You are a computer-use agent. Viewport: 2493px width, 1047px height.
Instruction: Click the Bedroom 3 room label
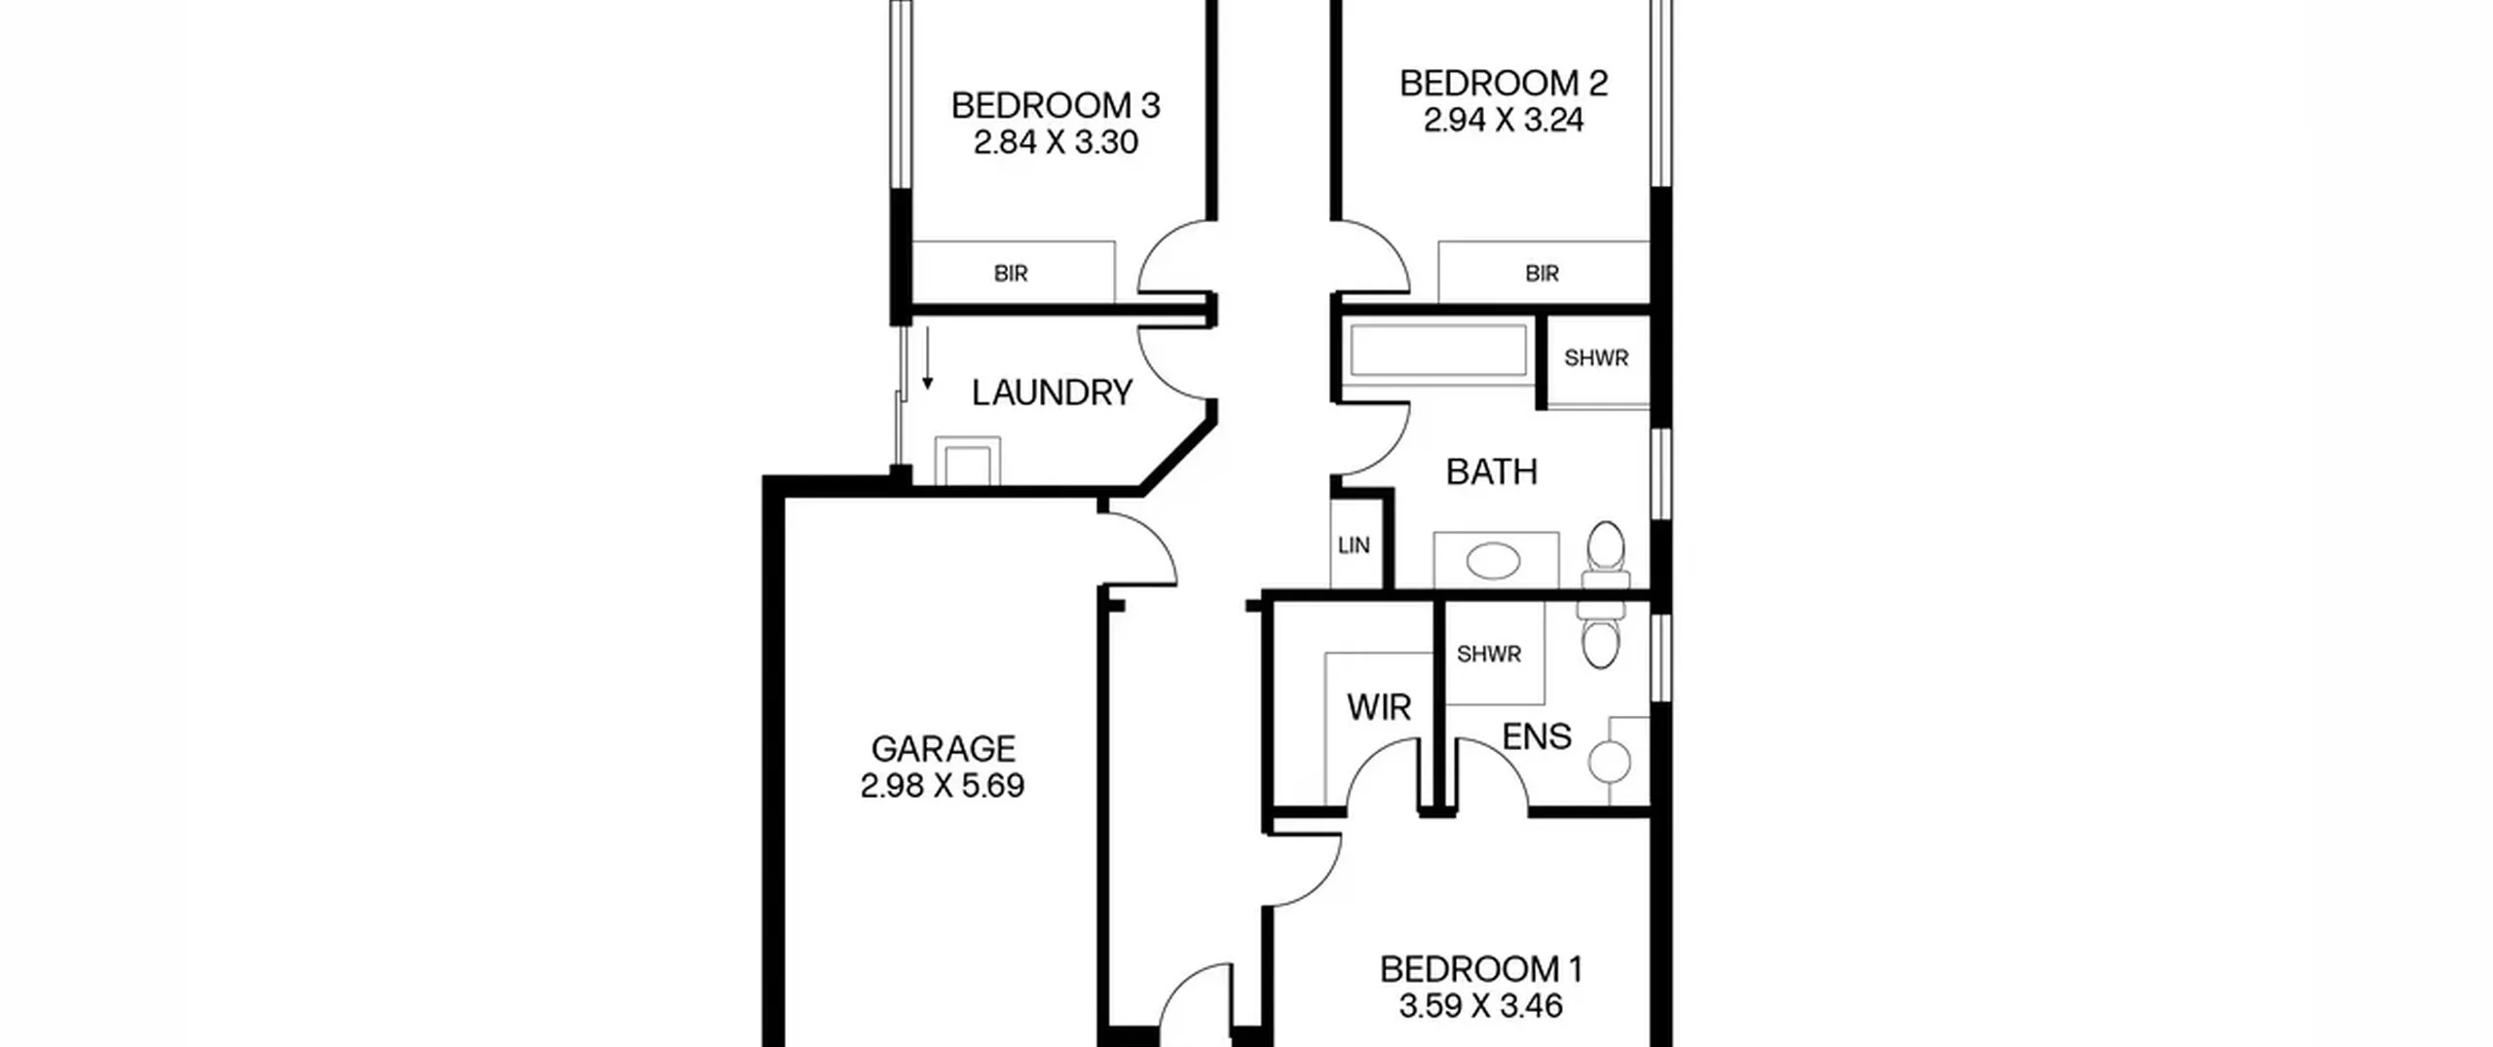pyautogui.click(x=1056, y=105)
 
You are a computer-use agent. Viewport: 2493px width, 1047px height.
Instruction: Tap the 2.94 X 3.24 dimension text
pyautogui.click(x=1504, y=121)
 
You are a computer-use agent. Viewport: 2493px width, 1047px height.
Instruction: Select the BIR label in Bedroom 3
pyautogui.click(x=1011, y=274)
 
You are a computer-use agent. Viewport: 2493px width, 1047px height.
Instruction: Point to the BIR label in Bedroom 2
pyautogui.click(x=1542, y=274)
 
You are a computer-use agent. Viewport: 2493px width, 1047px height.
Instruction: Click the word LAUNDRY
pyautogui.click(x=1052, y=393)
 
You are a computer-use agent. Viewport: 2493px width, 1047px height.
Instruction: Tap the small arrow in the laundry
pyautogui.click(x=927, y=358)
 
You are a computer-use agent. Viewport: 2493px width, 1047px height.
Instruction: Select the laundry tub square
pyautogui.click(x=968, y=462)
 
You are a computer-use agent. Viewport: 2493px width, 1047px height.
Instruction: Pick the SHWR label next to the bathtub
pyautogui.click(x=1596, y=358)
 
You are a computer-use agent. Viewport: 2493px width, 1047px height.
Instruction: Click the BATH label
pyautogui.click(x=1491, y=472)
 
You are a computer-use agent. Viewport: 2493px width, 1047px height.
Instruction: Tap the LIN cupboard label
pyautogui.click(x=1354, y=545)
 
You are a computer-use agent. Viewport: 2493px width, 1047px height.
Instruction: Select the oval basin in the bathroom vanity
pyautogui.click(x=1493, y=562)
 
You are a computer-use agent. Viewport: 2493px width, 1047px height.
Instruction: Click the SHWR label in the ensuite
pyautogui.click(x=1489, y=654)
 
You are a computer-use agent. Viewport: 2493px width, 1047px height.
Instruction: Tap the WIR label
pyautogui.click(x=1379, y=708)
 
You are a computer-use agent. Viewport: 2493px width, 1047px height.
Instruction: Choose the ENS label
pyautogui.click(x=1537, y=737)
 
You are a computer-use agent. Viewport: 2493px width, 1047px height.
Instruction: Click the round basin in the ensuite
pyautogui.click(x=1610, y=763)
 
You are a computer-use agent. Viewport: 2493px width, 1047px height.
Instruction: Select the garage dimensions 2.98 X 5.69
pyautogui.click(x=943, y=786)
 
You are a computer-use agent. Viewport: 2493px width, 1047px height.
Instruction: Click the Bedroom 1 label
pyautogui.click(x=1481, y=969)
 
